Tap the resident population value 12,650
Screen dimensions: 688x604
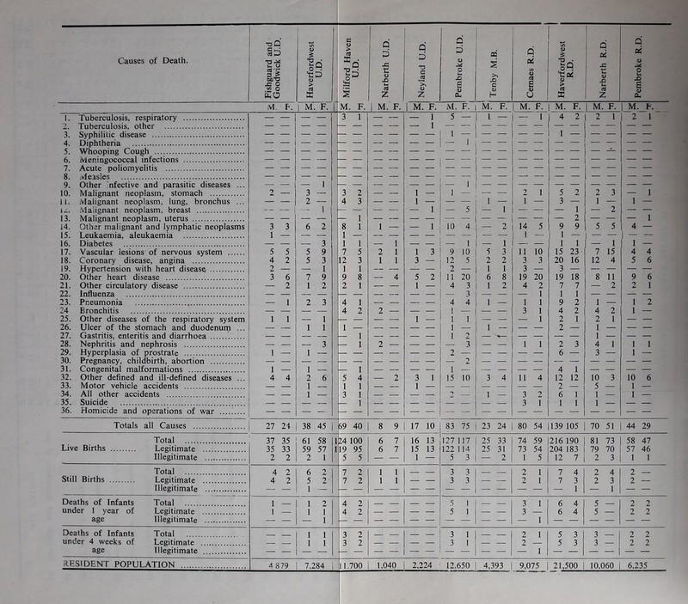pos(441,589)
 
